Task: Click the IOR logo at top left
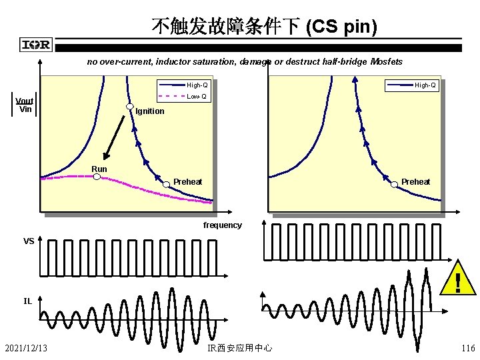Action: [x=36, y=45]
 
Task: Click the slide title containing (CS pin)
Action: [x=264, y=27]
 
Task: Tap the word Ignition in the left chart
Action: [x=149, y=111]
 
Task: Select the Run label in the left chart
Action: [x=99, y=169]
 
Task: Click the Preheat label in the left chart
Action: [x=187, y=182]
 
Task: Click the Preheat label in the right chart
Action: [x=415, y=182]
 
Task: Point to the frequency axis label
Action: [x=222, y=225]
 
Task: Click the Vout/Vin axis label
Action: [x=25, y=105]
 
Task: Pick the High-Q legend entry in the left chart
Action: [x=197, y=85]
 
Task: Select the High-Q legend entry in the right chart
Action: [x=425, y=85]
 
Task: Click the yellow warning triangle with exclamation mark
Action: [x=457, y=280]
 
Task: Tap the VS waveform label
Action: [x=29, y=241]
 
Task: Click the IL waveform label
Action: [x=27, y=301]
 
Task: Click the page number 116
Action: [x=467, y=347]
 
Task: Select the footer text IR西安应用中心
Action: [x=240, y=347]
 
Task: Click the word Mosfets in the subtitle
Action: [x=387, y=62]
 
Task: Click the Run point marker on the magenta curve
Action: [x=96, y=177]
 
